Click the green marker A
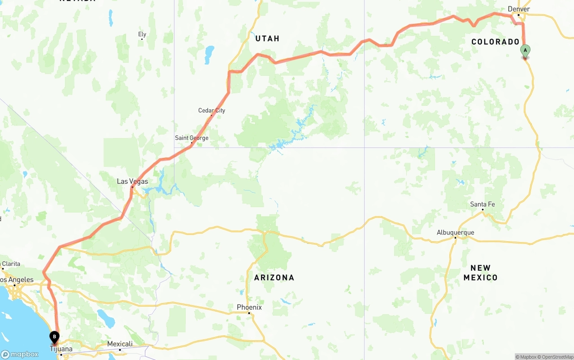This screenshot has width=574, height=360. point(525,51)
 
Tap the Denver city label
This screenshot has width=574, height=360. point(519,9)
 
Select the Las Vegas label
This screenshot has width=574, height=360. point(132,182)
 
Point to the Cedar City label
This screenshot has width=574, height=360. point(212,110)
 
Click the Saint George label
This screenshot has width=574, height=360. point(191,138)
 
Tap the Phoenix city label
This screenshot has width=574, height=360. point(249,308)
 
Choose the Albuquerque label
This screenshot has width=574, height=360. point(455,232)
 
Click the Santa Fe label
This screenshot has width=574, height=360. point(483,204)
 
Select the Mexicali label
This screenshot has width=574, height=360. point(120,344)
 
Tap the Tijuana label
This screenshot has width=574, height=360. point(61,349)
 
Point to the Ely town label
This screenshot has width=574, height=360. point(142,34)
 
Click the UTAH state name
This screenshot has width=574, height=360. point(267,39)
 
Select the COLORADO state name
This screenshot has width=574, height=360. point(495,42)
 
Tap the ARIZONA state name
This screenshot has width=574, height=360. point(274,278)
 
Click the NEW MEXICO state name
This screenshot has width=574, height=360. point(480,273)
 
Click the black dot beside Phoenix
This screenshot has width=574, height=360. point(249,313)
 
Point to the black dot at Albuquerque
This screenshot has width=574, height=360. point(455,238)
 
